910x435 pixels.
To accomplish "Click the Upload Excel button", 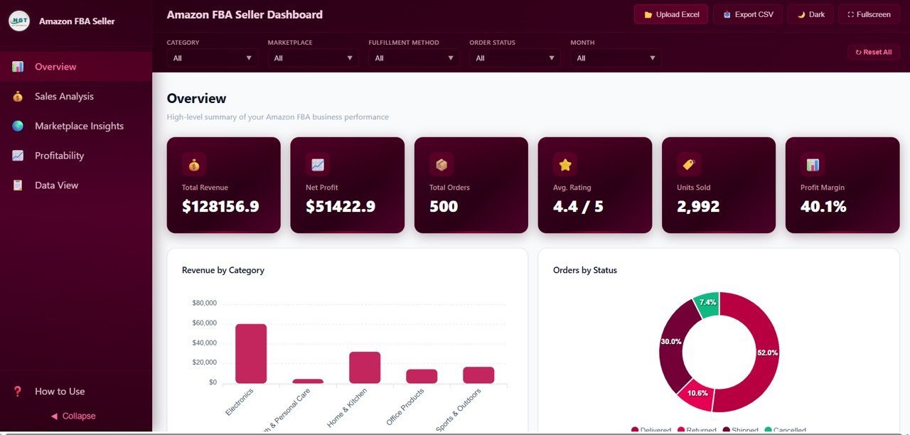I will [x=670, y=14].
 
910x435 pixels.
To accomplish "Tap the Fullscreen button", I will [x=869, y=14].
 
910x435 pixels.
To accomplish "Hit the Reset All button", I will [x=873, y=52].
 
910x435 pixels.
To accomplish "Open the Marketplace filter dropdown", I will [x=313, y=58].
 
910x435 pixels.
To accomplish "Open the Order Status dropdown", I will [x=514, y=58].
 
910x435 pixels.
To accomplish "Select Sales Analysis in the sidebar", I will [x=64, y=97].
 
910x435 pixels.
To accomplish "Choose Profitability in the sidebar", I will [x=59, y=156].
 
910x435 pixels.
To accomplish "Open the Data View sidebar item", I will [x=56, y=186].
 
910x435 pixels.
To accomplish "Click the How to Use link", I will [x=60, y=392].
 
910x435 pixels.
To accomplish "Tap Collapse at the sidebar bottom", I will [x=74, y=416].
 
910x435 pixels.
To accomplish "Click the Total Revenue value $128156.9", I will [x=220, y=207].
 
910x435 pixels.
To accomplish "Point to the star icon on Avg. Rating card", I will [x=565, y=165].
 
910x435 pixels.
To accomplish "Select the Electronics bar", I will [x=251, y=353].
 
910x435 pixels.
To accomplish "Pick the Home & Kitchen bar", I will [x=365, y=367].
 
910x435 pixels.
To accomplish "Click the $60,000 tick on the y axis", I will [x=204, y=323].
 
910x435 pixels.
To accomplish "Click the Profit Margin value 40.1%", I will [x=823, y=207].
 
